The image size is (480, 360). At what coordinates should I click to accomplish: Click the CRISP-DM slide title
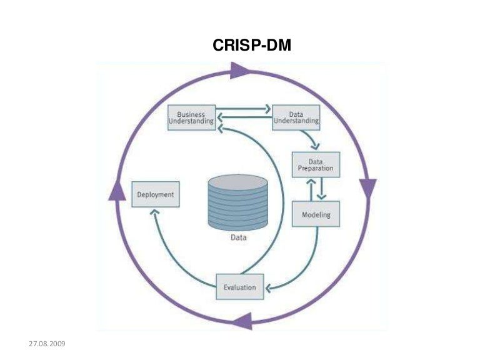(252, 44)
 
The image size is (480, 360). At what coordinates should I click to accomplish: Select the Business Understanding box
(191, 117)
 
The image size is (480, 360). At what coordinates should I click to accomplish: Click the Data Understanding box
(296, 117)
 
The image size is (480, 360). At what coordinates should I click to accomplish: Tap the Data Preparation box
(316, 164)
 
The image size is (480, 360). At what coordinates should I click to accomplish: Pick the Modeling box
(316, 214)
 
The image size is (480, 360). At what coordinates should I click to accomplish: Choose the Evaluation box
(239, 287)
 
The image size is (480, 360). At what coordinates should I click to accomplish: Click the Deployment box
(156, 194)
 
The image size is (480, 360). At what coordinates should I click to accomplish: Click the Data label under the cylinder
(237, 238)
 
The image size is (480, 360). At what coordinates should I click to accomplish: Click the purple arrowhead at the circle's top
(239, 70)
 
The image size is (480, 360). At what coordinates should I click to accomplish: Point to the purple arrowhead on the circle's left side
(117, 190)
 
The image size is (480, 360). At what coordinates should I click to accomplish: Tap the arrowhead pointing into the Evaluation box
(269, 288)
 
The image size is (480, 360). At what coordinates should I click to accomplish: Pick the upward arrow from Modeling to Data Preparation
(309, 187)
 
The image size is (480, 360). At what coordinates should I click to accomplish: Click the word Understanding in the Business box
(191, 121)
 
